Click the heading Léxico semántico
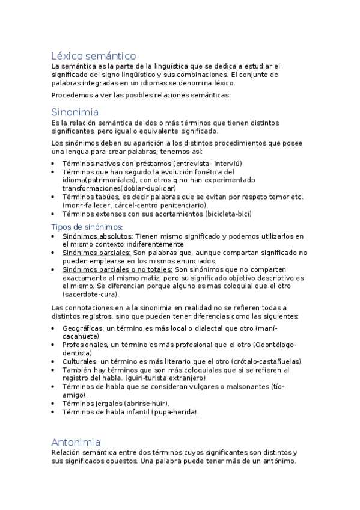tap(93, 55)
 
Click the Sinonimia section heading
tap(75, 112)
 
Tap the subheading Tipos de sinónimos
tap(87, 227)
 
